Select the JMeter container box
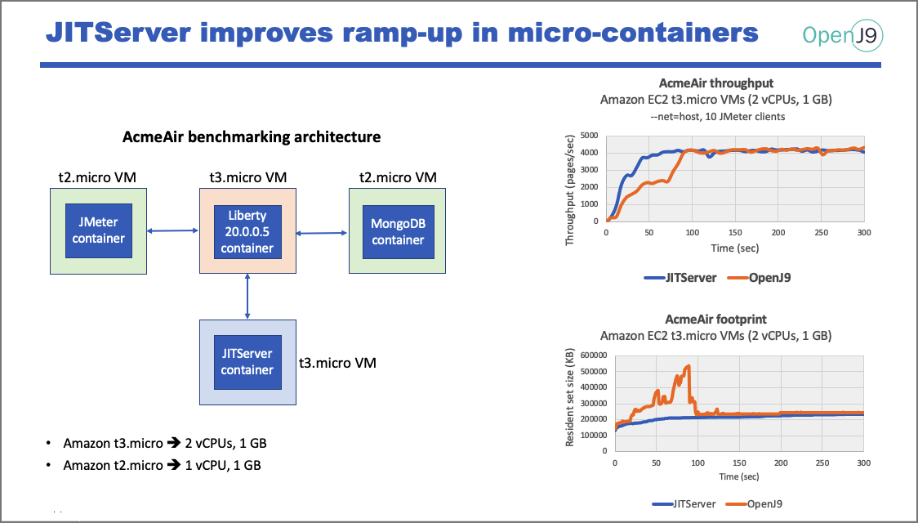point(98,230)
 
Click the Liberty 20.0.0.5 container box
point(247,230)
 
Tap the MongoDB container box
point(398,230)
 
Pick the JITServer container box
point(247,362)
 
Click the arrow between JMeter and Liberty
point(173,232)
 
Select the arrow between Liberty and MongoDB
point(323,233)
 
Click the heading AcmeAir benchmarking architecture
point(252,137)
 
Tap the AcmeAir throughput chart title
point(715,83)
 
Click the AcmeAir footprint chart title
point(715,320)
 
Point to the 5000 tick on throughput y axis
point(589,136)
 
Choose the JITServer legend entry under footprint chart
point(687,503)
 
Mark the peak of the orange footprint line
point(688,366)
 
